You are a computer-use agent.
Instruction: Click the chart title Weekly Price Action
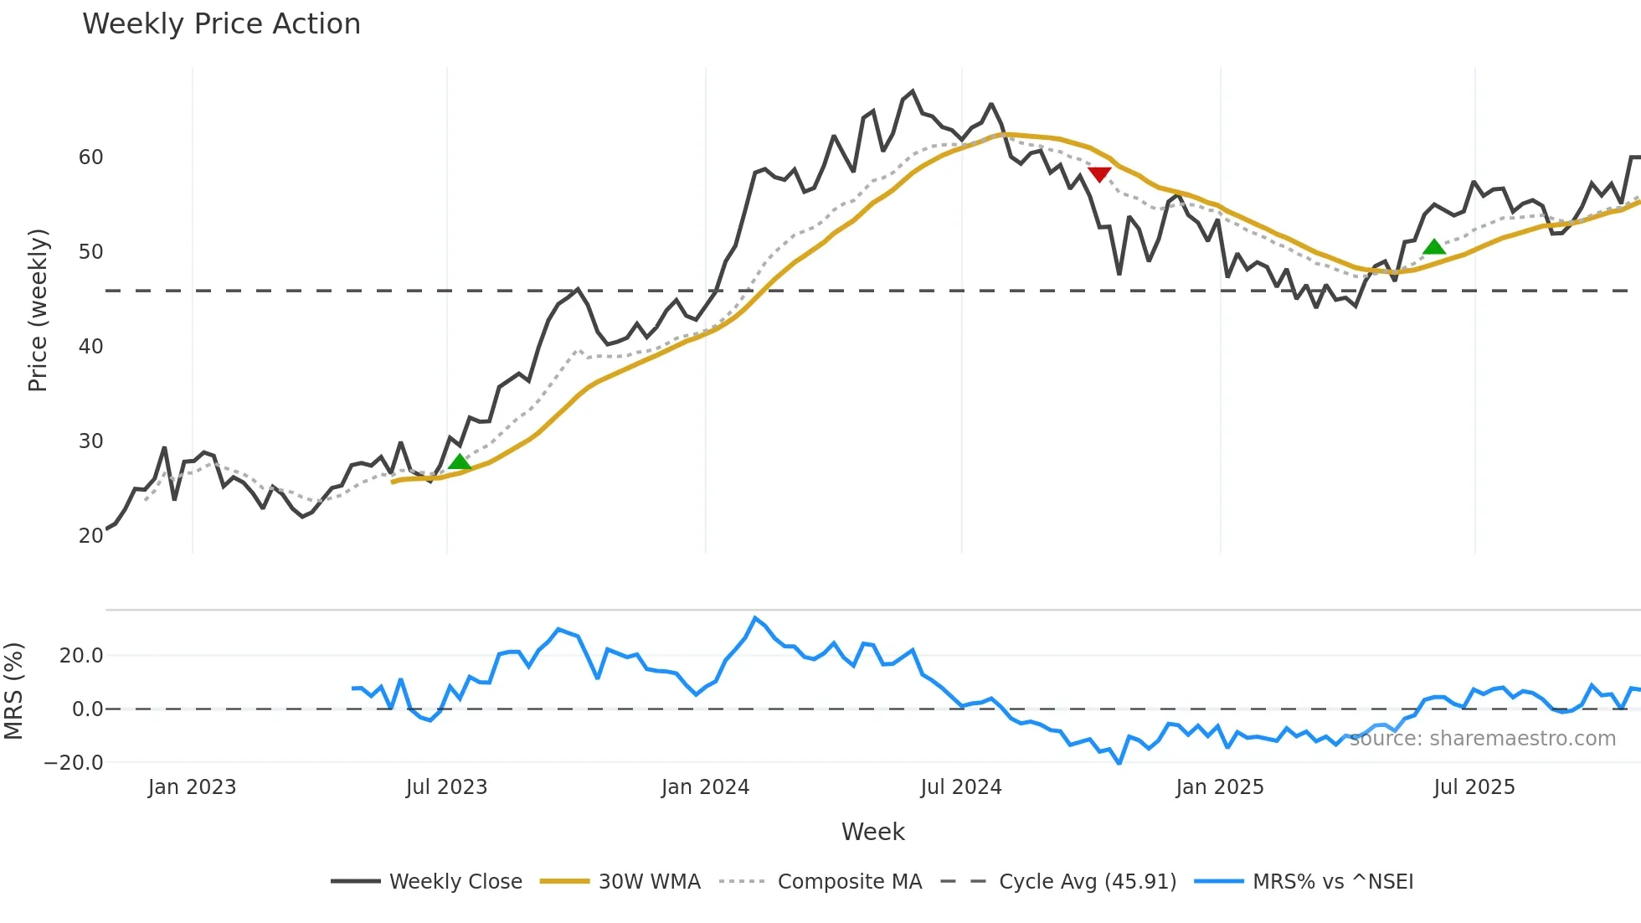coord(221,24)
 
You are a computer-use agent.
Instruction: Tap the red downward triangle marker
coord(1099,174)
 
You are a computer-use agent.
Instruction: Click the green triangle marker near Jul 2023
coord(459,462)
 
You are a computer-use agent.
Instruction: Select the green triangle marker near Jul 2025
coord(1434,247)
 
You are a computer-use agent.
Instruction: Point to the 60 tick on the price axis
coord(90,157)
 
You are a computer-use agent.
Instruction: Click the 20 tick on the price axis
coord(90,536)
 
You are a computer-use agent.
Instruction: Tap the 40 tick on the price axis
coord(90,347)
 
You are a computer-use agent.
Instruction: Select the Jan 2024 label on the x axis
coord(705,787)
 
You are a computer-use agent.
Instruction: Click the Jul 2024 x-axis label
coord(961,787)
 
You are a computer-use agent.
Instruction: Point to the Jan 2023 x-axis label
coord(192,787)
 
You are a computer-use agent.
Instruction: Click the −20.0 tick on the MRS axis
coord(74,763)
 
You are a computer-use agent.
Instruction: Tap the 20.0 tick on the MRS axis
coord(81,656)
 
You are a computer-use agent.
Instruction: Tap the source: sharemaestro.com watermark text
coord(1482,739)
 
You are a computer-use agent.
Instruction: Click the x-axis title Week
coord(872,832)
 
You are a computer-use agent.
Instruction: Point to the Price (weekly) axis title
coord(38,310)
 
